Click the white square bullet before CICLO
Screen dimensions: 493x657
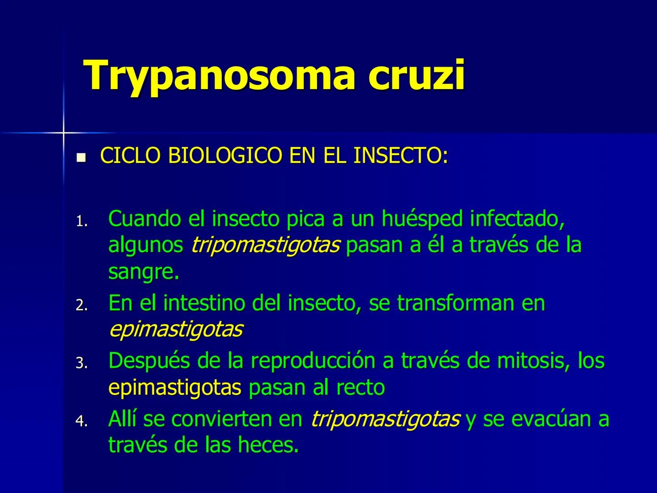click(x=81, y=158)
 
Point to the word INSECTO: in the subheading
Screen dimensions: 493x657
click(x=401, y=156)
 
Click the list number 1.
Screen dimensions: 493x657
click(x=81, y=222)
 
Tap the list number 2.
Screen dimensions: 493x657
click(x=81, y=305)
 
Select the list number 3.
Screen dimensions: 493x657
click(x=81, y=363)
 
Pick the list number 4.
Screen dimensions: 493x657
click(x=81, y=421)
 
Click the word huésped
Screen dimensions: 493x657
click(x=422, y=219)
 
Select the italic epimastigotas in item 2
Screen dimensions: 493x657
click(x=176, y=329)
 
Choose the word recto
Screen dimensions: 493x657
click(x=360, y=388)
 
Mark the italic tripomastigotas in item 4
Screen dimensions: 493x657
click(x=385, y=419)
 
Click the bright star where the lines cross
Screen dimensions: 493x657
click(x=63, y=133)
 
